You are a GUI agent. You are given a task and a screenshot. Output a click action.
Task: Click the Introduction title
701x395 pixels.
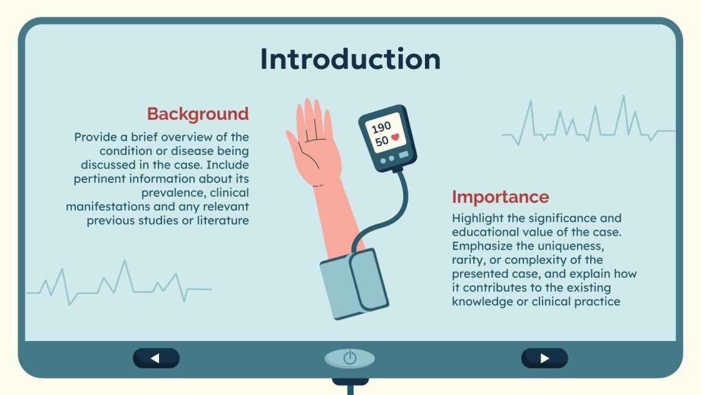(x=350, y=60)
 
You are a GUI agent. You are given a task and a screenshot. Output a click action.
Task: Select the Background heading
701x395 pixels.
(x=198, y=114)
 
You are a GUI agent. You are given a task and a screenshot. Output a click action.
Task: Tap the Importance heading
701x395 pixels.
(x=500, y=197)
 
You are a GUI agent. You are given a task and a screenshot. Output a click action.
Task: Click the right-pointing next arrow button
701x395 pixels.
(x=545, y=358)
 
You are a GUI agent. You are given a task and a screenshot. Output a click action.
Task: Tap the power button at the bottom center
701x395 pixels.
(x=350, y=358)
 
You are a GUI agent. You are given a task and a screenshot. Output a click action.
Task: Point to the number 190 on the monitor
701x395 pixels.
(x=381, y=128)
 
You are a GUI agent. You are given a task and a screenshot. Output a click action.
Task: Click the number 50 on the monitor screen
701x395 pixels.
(x=382, y=142)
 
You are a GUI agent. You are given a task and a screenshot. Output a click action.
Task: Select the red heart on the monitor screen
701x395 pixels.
(x=396, y=137)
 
